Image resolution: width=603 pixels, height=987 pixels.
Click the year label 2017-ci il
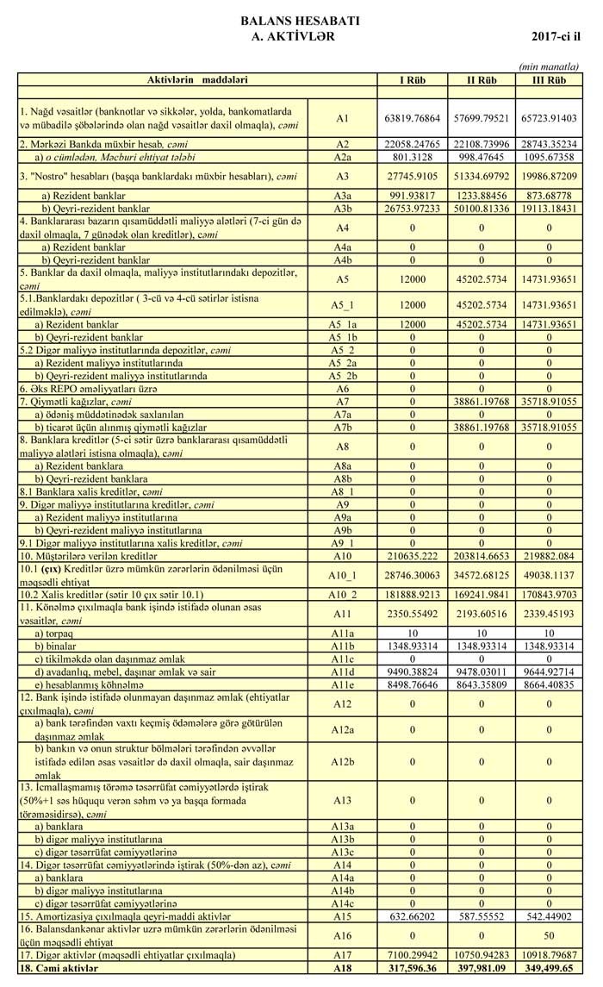(x=557, y=37)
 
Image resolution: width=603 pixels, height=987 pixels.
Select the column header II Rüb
(x=481, y=79)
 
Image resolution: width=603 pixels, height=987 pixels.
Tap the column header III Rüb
(x=550, y=79)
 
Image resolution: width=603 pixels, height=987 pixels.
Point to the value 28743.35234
(x=550, y=144)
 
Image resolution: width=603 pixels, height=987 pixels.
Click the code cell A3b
(x=342, y=209)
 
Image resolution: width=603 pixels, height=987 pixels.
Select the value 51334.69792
(x=481, y=176)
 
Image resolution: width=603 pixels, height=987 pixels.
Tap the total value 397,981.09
(x=481, y=970)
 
